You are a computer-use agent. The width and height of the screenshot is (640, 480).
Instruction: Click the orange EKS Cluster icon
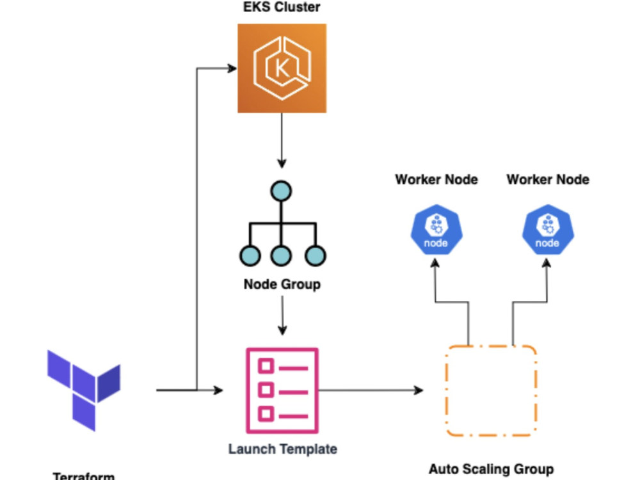pyautogui.click(x=282, y=68)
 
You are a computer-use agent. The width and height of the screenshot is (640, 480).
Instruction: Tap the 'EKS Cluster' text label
pyautogui.click(x=282, y=8)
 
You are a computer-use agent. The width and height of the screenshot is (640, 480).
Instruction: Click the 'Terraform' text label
pyautogui.click(x=84, y=476)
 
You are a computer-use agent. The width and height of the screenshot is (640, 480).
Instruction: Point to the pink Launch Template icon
pyautogui.click(x=282, y=390)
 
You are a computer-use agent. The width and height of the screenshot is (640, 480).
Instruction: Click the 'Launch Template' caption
pyautogui.click(x=282, y=449)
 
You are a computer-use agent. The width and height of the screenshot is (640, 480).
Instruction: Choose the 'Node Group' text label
pyautogui.click(x=282, y=284)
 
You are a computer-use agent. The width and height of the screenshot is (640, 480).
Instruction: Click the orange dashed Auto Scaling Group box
pyautogui.click(x=491, y=390)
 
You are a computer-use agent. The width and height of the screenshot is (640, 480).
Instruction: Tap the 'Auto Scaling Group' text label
pyautogui.click(x=491, y=469)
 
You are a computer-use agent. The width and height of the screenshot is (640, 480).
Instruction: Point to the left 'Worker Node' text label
pyautogui.click(x=436, y=179)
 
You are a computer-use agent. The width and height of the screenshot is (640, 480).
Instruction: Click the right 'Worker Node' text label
pyautogui.click(x=547, y=179)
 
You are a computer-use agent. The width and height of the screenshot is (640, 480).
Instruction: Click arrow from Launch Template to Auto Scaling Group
pyautogui.click(x=371, y=390)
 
